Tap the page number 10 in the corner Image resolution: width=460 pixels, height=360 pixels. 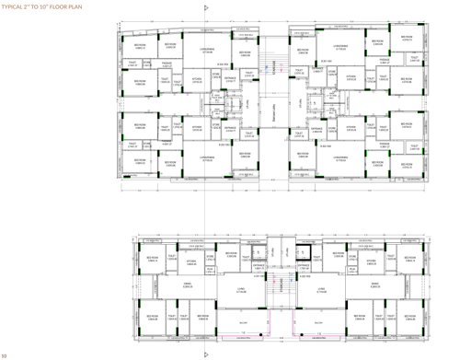[x=6, y=354]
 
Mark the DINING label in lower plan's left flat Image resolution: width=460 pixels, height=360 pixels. [x=185, y=285]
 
